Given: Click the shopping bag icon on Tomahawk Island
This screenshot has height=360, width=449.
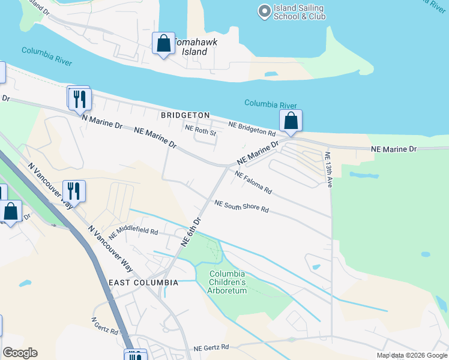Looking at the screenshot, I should click(163, 43).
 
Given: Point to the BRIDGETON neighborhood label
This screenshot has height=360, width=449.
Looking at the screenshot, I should click(185, 115).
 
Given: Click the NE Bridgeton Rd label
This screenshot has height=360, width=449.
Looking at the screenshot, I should click(252, 128).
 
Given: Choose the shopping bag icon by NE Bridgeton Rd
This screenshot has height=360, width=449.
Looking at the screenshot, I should click(291, 121).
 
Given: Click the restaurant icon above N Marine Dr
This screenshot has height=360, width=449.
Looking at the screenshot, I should click(79, 98).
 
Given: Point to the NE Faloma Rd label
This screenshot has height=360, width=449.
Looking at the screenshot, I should click(254, 183).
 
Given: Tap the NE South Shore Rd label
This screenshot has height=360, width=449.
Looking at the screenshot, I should click(241, 207).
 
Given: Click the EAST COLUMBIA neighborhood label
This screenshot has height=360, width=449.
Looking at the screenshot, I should click(143, 282).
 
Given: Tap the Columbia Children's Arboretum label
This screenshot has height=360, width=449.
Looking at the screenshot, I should click(228, 283).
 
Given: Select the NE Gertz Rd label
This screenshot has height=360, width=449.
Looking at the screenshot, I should click(211, 347).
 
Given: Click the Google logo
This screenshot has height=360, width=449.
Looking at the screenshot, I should click(20, 353).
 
